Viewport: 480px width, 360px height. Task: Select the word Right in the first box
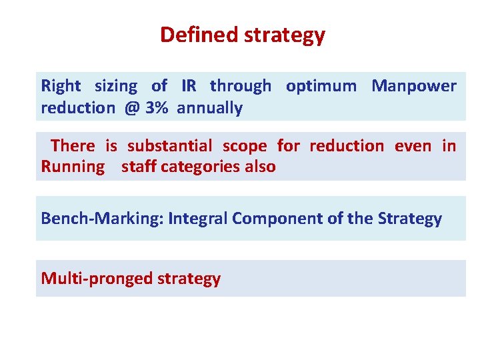[61, 86]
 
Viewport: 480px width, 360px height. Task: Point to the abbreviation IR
[189, 86]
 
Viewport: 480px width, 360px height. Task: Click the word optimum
[321, 86]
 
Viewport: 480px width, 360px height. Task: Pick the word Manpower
[413, 86]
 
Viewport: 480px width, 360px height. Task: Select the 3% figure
[157, 108]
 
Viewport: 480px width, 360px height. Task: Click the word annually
[209, 108]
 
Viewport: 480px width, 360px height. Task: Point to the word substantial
[169, 146]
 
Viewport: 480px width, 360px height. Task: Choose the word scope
[244, 146]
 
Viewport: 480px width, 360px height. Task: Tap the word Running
[73, 167]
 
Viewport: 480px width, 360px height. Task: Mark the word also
[259, 167]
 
